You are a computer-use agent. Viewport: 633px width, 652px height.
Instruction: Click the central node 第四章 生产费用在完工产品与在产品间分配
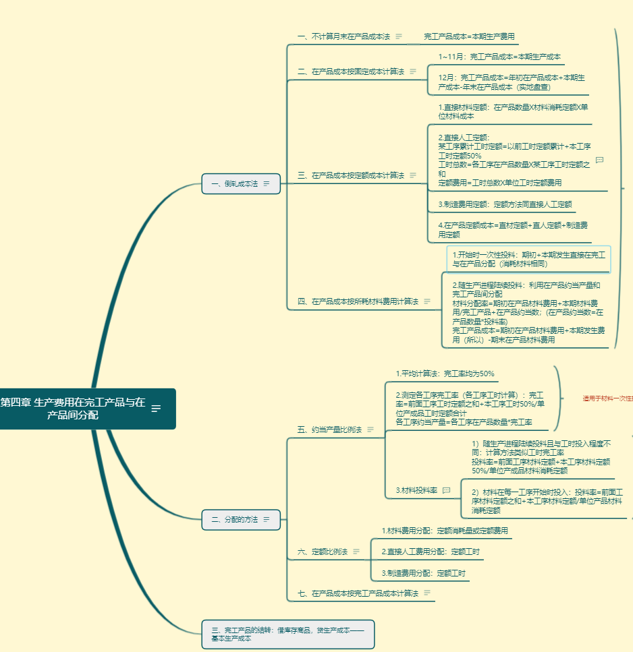click(73, 409)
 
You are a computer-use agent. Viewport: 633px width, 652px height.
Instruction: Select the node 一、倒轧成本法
click(235, 183)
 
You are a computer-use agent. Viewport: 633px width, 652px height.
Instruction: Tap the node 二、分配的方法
click(235, 520)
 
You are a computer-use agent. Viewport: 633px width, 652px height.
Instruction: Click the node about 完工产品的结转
click(287, 634)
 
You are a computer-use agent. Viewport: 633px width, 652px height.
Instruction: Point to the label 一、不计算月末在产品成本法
click(343, 36)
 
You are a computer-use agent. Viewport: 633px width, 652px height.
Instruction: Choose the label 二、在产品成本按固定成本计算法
click(351, 71)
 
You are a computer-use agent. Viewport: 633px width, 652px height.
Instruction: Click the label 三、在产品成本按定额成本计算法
click(351, 175)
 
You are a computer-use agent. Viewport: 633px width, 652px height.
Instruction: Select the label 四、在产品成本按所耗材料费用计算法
click(358, 301)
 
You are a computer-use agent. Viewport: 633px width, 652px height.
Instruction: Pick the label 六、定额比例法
click(323, 552)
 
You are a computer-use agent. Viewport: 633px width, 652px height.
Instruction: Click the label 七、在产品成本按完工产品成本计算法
click(358, 593)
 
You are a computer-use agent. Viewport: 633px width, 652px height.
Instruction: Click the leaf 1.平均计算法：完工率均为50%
click(445, 374)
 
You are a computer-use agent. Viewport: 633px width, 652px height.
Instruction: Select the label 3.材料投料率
click(416, 490)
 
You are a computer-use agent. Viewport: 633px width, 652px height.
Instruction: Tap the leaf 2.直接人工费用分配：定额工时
click(431, 552)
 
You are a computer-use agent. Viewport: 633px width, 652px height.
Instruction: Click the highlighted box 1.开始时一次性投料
click(528, 259)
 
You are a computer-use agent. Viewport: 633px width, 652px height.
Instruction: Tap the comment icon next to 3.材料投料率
click(446, 490)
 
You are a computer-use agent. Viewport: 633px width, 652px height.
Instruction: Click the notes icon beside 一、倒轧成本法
click(267, 183)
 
